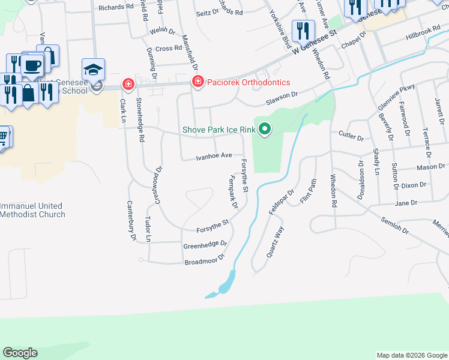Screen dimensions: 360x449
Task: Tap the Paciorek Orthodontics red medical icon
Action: click(197, 82)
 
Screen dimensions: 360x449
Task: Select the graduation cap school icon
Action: click(94, 70)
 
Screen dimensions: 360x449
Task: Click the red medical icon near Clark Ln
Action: click(127, 83)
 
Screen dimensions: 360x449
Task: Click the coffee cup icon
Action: click(31, 65)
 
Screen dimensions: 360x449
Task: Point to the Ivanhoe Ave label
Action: click(214, 155)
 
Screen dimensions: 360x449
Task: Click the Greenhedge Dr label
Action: click(205, 245)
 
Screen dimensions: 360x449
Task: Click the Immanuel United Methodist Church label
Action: click(32, 210)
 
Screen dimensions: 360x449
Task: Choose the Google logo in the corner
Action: click(20, 353)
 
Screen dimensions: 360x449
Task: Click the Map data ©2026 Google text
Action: click(411, 355)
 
